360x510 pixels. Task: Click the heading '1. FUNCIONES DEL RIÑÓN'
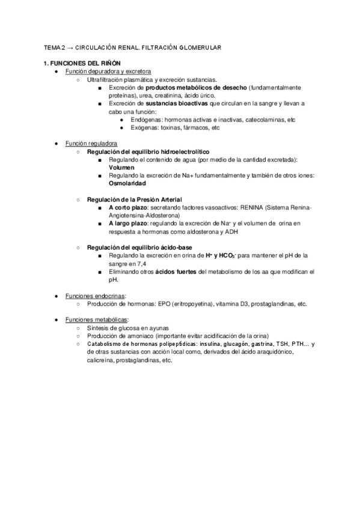(x=79, y=63)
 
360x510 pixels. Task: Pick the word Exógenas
(x=146, y=128)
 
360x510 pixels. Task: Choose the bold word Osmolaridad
(x=128, y=183)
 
